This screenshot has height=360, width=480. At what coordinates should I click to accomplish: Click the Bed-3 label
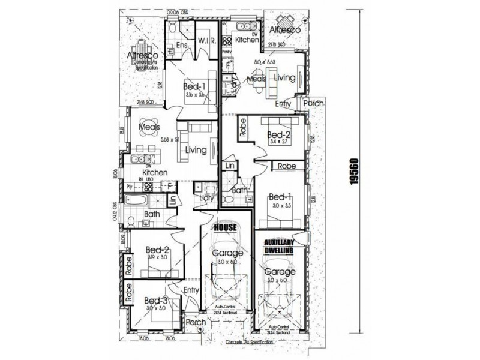(155, 301)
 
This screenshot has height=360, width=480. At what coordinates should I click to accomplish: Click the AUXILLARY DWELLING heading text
(278, 248)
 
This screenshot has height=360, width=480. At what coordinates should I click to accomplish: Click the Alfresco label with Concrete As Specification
(143, 56)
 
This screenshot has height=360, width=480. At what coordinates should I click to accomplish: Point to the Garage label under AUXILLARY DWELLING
(277, 271)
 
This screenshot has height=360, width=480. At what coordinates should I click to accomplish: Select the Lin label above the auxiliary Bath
(229, 166)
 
